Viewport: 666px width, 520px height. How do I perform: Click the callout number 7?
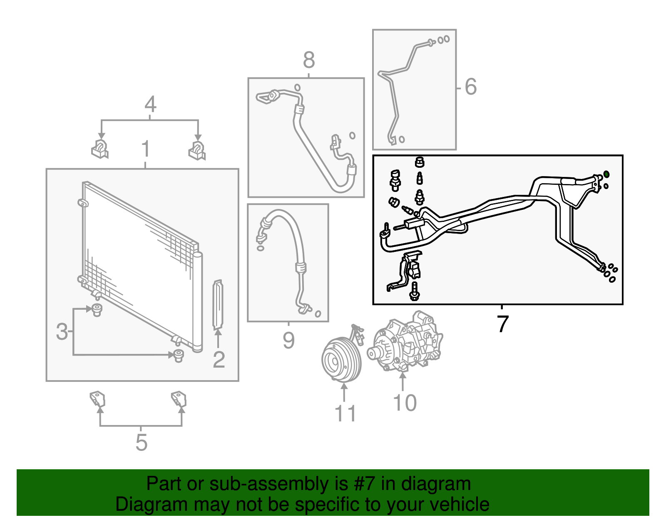tap(503, 324)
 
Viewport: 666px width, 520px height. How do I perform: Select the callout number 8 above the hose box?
tap(308, 60)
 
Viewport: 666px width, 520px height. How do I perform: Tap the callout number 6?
tap(470, 87)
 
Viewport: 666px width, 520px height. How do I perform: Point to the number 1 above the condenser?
tap(145, 149)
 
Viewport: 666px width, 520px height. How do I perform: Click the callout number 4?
tap(150, 104)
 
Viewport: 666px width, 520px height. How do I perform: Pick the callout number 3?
tap(62, 331)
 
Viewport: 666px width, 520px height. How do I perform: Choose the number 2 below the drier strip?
tap(219, 359)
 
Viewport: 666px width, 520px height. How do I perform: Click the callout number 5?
tap(141, 442)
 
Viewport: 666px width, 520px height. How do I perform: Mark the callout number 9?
tap(288, 340)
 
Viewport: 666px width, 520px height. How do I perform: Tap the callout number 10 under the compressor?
tap(404, 403)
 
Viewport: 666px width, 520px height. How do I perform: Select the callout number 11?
tap(345, 413)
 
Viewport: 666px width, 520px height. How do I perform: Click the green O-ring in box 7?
tap(606, 174)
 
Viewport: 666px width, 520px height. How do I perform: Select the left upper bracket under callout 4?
tap(100, 149)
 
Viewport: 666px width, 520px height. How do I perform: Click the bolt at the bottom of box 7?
tap(414, 291)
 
